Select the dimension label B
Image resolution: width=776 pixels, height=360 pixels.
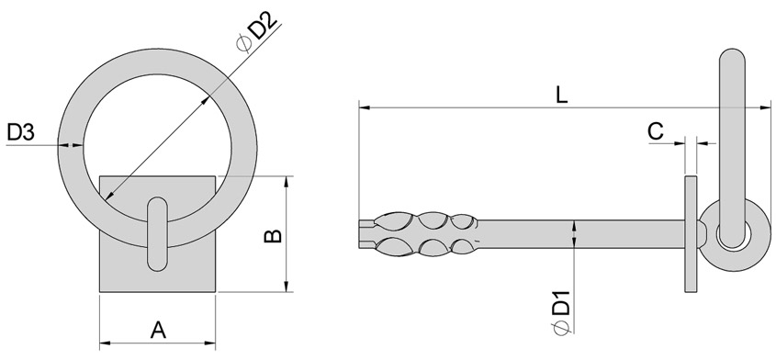tap(273, 235)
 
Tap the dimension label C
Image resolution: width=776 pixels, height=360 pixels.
tap(656, 131)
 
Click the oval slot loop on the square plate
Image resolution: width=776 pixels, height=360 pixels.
tap(157, 233)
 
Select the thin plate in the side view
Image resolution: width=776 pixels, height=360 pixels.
tap(690, 233)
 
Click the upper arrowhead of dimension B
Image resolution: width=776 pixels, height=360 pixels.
tap(289, 181)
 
